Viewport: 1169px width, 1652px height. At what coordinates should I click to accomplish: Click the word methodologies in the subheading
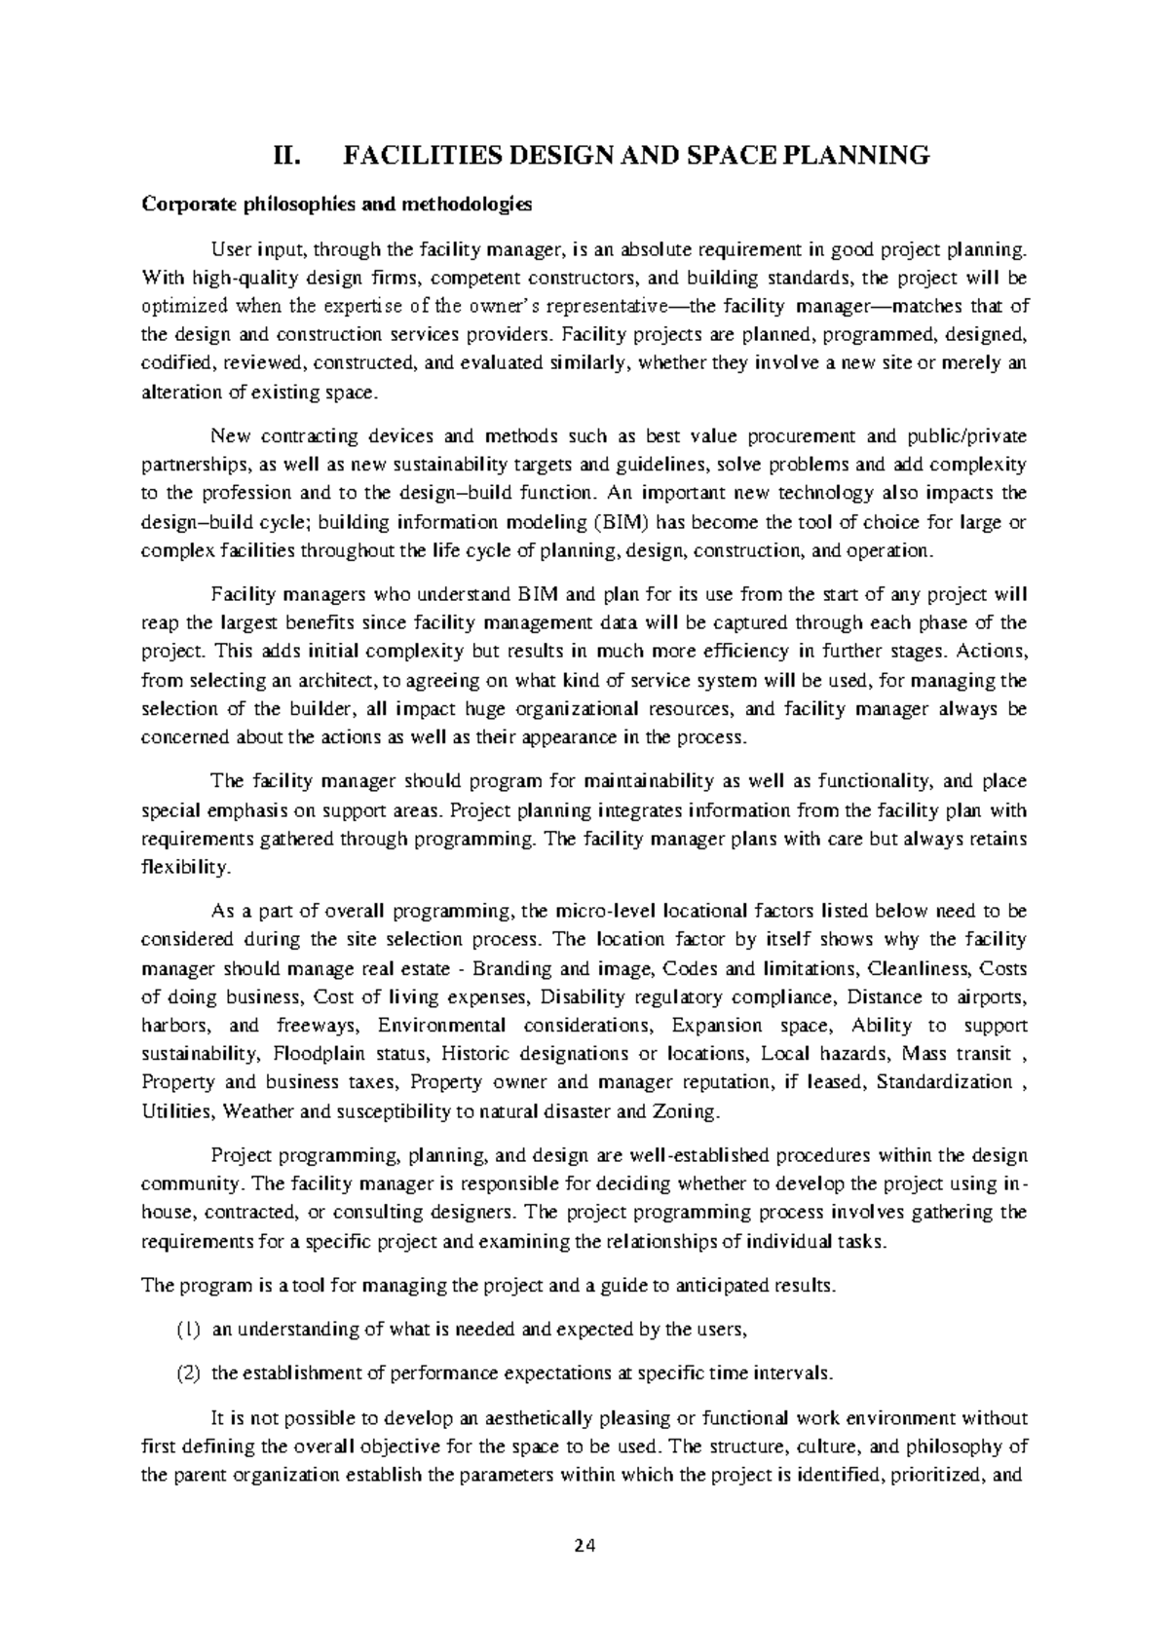tap(466, 205)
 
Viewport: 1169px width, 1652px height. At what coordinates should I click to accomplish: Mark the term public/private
tap(967, 435)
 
